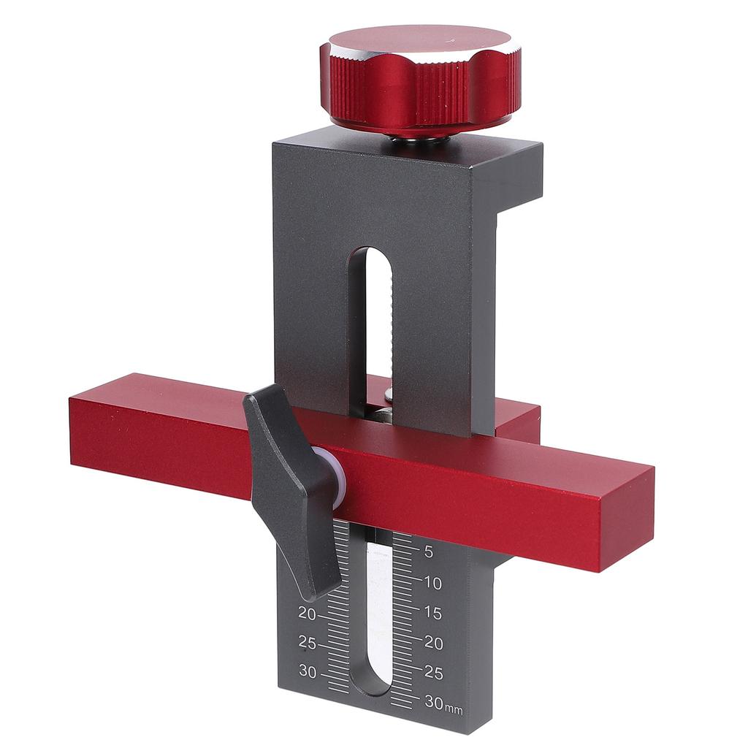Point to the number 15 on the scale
[x=432, y=613]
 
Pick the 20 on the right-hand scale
[x=434, y=643]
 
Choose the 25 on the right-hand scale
[x=434, y=672]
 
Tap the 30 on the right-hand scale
[x=433, y=702]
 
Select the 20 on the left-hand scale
[x=307, y=614]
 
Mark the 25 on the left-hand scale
[x=307, y=644]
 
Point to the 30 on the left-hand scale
[x=307, y=672]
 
